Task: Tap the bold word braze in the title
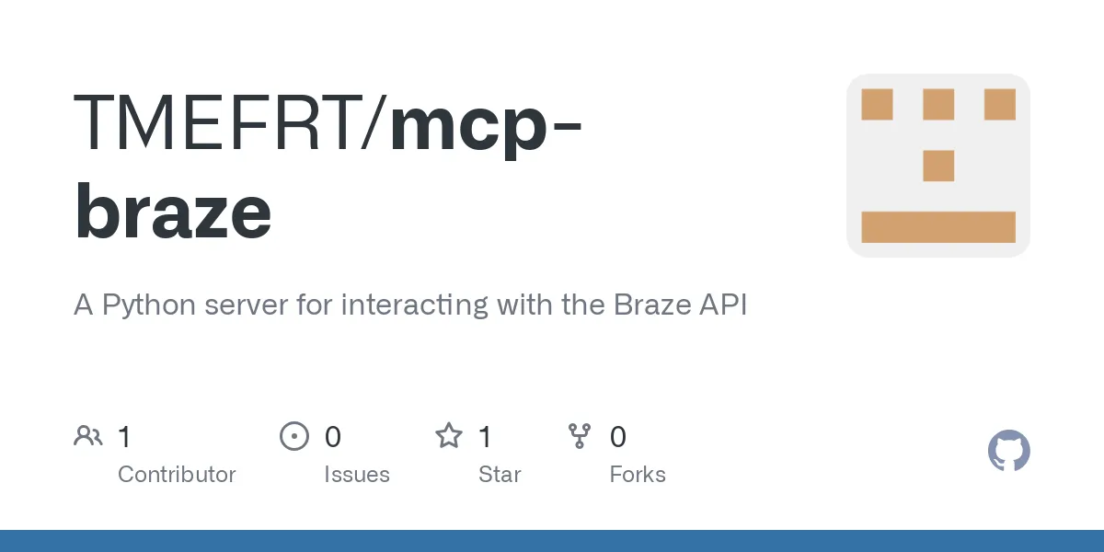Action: [x=173, y=212]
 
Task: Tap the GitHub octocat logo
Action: [x=1008, y=452]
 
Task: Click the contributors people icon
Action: [x=88, y=436]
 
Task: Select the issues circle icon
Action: [x=294, y=436]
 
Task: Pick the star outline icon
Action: [x=449, y=436]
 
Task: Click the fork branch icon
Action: [x=580, y=436]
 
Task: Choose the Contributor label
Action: [x=177, y=475]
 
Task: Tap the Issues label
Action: [x=357, y=475]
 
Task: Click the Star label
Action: [x=500, y=475]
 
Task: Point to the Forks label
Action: [x=638, y=475]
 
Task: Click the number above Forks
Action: [x=618, y=436]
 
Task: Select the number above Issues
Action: [x=333, y=436]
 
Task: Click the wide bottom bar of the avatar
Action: [x=938, y=227]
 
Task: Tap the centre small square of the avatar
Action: [x=938, y=166]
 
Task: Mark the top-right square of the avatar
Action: [x=999, y=105]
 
